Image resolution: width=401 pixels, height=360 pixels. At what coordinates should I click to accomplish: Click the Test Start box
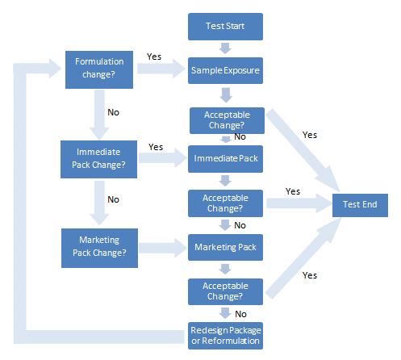pyautogui.click(x=225, y=27)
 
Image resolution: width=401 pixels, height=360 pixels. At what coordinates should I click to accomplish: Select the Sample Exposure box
pyautogui.click(x=225, y=70)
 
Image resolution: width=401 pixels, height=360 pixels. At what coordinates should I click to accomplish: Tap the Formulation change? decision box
pyautogui.click(x=99, y=69)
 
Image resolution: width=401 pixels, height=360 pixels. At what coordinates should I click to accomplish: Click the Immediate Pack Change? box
pyautogui.click(x=98, y=159)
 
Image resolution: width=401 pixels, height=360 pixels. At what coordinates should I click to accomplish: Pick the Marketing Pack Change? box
pyautogui.click(x=99, y=248)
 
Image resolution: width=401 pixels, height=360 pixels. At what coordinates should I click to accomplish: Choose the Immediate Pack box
pyautogui.click(x=225, y=159)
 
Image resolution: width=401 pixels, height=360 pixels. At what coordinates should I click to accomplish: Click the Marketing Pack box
pyautogui.click(x=225, y=248)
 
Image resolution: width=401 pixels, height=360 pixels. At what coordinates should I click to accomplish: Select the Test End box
pyautogui.click(x=360, y=205)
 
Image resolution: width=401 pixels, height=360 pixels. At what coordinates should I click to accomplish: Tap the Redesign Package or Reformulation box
pyautogui.click(x=225, y=336)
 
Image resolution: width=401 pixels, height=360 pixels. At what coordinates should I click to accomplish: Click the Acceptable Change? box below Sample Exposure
pyautogui.click(x=227, y=120)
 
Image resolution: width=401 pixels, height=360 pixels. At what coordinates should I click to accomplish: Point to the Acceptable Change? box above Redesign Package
pyautogui.click(x=225, y=291)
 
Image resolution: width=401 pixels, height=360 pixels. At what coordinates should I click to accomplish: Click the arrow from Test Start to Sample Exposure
pyautogui.click(x=225, y=48)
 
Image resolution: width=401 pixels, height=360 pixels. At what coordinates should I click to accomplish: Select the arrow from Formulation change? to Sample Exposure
pyautogui.click(x=161, y=69)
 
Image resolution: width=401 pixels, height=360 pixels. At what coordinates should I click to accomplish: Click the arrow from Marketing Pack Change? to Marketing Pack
pyautogui.click(x=163, y=248)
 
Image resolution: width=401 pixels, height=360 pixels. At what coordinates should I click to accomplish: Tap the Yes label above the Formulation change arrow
pyautogui.click(x=154, y=57)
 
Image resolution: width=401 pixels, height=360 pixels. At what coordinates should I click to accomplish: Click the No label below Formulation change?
pyautogui.click(x=113, y=112)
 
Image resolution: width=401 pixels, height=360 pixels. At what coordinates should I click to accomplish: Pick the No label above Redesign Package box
pyautogui.click(x=240, y=314)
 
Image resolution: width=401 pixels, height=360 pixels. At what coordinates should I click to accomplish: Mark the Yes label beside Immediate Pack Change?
pyautogui.click(x=156, y=147)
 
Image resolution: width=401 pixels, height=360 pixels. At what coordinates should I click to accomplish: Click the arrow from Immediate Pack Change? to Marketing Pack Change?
pyautogui.click(x=99, y=203)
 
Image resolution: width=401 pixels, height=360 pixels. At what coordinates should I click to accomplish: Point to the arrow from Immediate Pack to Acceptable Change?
pyautogui.click(x=225, y=181)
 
